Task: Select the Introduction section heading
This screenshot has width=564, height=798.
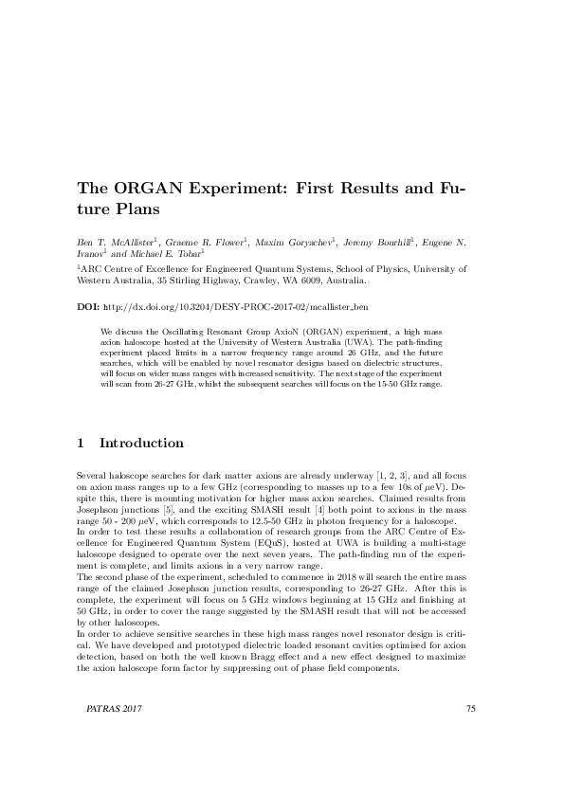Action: (141, 444)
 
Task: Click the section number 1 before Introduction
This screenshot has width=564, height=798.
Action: (81, 444)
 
